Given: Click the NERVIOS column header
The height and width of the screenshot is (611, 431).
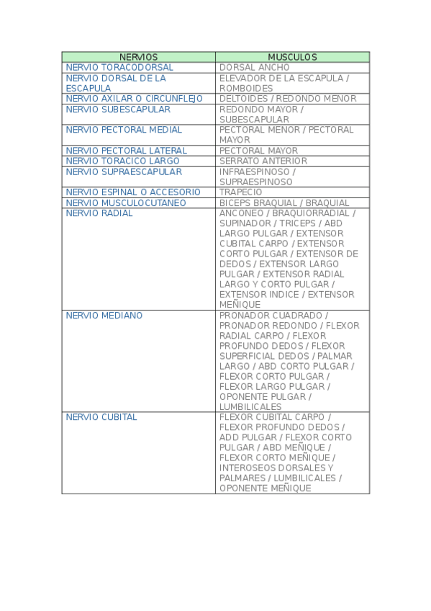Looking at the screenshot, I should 138,57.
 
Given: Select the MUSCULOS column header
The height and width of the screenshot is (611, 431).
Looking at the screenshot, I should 292,57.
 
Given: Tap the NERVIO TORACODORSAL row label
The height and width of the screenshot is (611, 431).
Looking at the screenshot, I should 119,68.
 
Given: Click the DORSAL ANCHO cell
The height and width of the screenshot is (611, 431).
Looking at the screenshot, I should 255,68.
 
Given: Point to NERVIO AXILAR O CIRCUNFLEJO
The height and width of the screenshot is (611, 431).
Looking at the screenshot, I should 134,99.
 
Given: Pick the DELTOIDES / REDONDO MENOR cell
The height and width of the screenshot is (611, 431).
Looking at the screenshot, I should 288,99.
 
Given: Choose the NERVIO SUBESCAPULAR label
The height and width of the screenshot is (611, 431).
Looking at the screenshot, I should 118,110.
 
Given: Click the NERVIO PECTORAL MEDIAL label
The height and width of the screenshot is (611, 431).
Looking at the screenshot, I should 124,130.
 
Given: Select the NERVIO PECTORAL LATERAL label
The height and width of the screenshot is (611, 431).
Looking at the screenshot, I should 126,151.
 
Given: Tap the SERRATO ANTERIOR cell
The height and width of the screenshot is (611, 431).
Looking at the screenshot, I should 263,161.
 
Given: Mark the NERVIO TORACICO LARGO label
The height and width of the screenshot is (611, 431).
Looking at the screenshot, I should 122,161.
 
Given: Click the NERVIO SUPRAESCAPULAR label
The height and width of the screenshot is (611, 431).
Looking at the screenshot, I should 124,171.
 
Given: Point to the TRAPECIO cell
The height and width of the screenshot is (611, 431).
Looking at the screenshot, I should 242,192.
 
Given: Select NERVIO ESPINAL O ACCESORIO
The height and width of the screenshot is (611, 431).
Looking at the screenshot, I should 133,192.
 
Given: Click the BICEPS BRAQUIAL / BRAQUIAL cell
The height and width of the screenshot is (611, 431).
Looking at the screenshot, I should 284,203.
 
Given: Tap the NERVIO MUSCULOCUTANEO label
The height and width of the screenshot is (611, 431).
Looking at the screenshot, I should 126,203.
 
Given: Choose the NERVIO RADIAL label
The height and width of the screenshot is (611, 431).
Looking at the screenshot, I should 99,213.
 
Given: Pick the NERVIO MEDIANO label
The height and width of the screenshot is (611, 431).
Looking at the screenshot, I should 104,316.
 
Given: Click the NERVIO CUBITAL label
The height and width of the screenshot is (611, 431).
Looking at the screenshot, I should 101,417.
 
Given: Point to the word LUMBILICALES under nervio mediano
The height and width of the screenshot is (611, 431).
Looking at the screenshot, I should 250,407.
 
